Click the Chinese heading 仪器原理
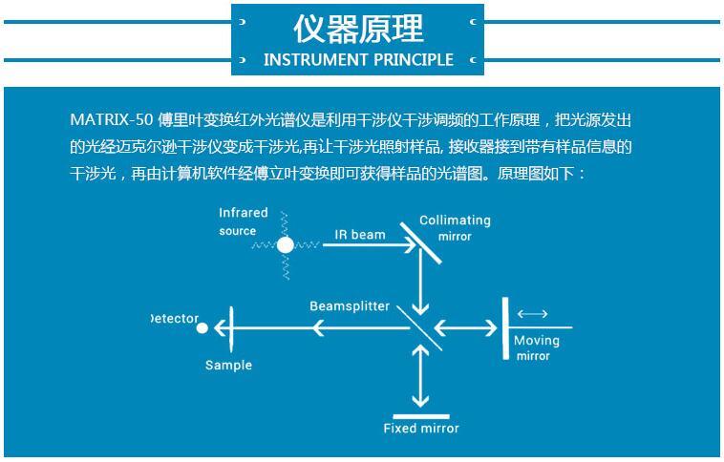(x=358, y=29)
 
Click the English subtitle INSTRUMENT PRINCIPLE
(x=358, y=60)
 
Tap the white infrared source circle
(x=286, y=245)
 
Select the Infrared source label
(x=243, y=221)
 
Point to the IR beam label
(x=360, y=235)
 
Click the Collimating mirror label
(x=455, y=228)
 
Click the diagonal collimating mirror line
(x=420, y=243)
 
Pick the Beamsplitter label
(x=350, y=306)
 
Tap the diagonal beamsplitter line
(x=419, y=328)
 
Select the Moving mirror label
(x=536, y=348)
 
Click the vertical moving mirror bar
(x=505, y=328)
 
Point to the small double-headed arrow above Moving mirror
(x=532, y=314)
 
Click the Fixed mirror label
(x=421, y=429)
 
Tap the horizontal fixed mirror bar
(x=420, y=416)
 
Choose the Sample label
(x=228, y=365)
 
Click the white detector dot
(x=202, y=328)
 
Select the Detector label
(x=175, y=319)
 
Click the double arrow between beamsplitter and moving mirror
(x=465, y=328)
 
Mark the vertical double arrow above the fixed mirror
(x=420, y=376)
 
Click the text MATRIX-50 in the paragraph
(x=112, y=120)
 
